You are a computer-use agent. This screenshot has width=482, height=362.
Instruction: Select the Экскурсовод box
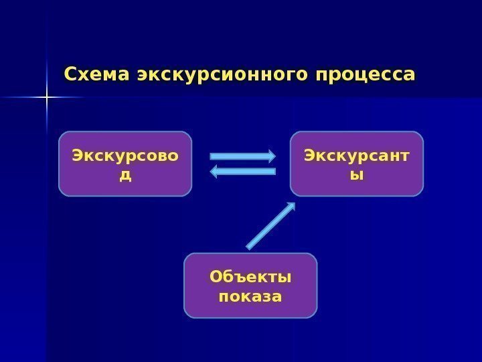click(x=125, y=164)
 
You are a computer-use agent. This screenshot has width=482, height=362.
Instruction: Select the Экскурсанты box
click(x=357, y=164)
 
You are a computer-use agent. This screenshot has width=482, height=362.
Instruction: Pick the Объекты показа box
click(x=250, y=285)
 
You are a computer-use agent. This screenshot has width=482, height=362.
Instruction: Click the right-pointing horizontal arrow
click(x=242, y=156)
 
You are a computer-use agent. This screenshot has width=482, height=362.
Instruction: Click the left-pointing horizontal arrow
click(x=242, y=172)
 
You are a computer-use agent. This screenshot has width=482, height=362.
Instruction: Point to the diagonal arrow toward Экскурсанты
click(x=270, y=226)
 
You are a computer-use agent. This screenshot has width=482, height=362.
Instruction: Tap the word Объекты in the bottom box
click(x=250, y=276)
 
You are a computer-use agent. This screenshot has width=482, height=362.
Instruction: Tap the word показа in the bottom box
click(x=250, y=295)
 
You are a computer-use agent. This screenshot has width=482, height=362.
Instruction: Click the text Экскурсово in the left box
click(x=125, y=156)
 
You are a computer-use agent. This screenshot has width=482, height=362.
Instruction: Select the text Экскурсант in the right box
click(x=357, y=156)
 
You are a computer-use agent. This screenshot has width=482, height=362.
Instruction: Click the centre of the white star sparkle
click(x=47, y=99)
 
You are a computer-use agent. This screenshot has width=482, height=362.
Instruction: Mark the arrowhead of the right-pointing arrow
click(x=270, y=156)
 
